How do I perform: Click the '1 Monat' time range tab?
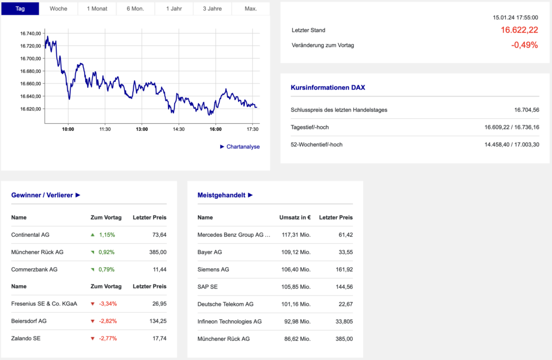coord(97,9)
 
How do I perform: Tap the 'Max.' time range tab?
coord(250,9)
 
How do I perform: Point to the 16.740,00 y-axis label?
coord(31,33)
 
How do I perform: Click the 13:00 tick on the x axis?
coord(141,129)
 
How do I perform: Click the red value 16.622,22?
coord(519,30)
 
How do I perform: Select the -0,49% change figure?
coord(524,45)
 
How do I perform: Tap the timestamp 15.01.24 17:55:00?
coord(515,18)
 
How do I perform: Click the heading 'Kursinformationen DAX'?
coord(328,87)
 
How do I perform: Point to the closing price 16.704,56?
coord(526,110)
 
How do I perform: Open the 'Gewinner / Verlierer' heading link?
coord(46,195)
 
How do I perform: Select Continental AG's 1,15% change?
coord(107,235)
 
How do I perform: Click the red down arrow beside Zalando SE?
coord(93,338)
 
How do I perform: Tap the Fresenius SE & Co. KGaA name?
coord(44,304)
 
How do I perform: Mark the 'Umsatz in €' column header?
coord(295,217)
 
